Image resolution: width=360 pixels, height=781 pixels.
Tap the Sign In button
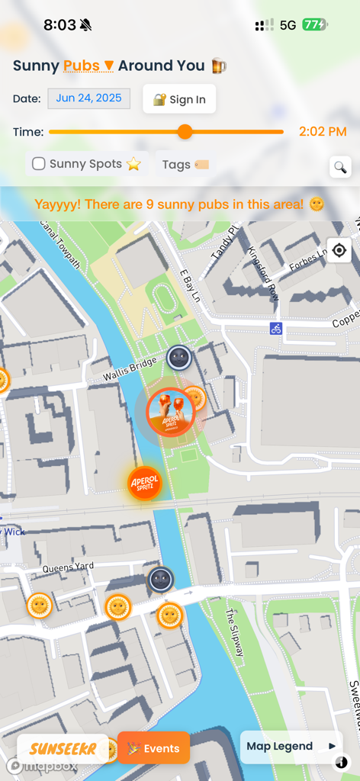coord(179,99)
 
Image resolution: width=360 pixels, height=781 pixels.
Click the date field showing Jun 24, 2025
coord(89,98)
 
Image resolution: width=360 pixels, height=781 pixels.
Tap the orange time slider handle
coord(185,132)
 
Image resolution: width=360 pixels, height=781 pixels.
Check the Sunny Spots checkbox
coord(39,164)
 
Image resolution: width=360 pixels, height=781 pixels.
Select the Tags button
coord(185,164)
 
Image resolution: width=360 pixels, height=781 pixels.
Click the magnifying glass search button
coord(340,168)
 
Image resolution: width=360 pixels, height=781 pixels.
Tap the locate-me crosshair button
coord(339,250)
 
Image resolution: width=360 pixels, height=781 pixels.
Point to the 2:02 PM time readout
coord(323,132)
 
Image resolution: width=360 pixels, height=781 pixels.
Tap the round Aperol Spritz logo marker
coord(144,484)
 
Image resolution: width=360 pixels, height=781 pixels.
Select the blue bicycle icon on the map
coord(276,329)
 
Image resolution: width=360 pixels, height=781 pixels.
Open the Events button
coord(154,748)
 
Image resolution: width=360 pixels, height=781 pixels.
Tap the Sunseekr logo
coord(63,748)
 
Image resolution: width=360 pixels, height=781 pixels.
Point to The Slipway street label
coord(235,632)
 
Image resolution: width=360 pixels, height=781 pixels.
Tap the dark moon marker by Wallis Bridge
coord(178,357)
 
